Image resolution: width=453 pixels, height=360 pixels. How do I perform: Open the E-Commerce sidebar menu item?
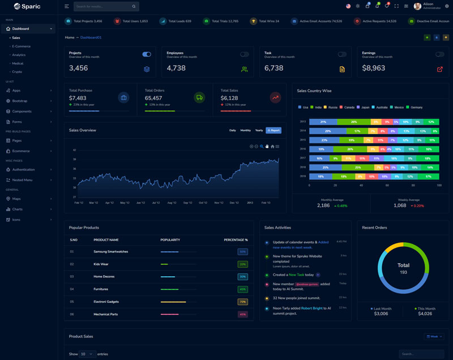click(x=21, y=46)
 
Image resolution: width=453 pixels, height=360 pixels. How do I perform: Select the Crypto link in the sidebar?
click(x=17, y=72)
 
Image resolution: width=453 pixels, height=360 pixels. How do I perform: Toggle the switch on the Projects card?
click(x=147, y=54)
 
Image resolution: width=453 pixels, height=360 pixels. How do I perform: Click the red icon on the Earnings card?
click(x=440, y=69)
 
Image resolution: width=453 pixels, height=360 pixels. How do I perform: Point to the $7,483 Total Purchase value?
click(x=78, y=98)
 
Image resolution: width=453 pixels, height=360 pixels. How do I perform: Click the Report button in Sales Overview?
click(x=273, y=130)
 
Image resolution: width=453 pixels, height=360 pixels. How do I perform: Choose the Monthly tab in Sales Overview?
click(x=245, y=130)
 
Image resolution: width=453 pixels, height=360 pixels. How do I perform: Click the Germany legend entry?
click(x=416, y=107)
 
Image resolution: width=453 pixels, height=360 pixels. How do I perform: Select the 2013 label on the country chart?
click(x=303, y=122)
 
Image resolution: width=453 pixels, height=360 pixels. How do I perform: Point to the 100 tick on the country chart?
click(x=439, y=185)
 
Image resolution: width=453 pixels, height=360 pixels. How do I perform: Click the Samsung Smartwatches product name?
click(x=111, y=251)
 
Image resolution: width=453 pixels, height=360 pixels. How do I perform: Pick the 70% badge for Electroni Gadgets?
click(x=242, y=302)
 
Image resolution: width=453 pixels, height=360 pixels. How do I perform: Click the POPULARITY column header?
click(x=170, y=239)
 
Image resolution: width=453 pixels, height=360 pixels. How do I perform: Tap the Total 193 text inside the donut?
click(x=403, y=268)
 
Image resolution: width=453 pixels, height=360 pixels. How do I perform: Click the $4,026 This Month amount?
click(x=425, y=313)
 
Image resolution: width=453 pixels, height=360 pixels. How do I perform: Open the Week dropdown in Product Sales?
click(x=434, y=336)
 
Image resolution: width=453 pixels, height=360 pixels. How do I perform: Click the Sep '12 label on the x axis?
click(x=187, y=202)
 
